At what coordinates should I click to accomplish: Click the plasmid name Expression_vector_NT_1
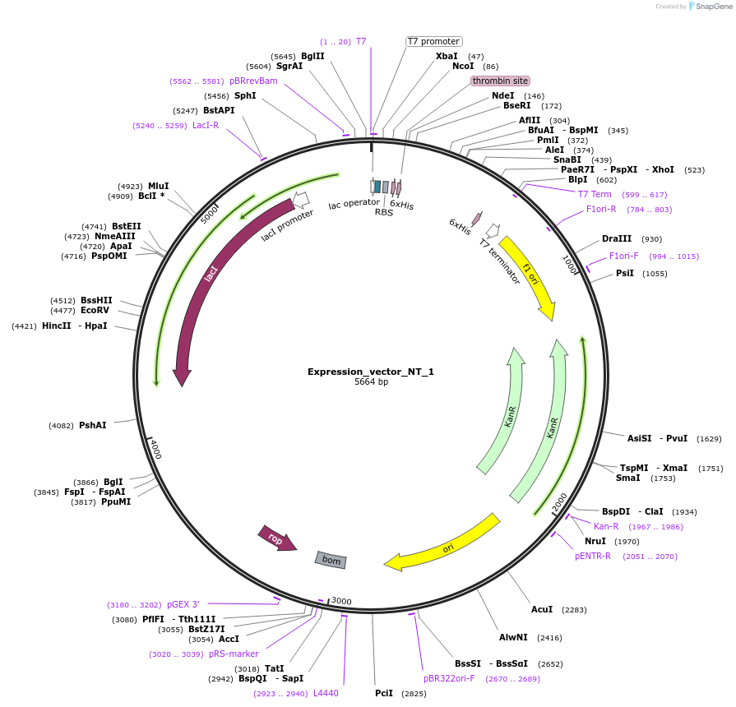point(370,372)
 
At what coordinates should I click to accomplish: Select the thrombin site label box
point(500,81)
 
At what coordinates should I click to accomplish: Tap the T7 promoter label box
point(434,41)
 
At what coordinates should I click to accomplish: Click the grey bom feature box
point(331,560)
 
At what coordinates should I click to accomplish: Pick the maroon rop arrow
point(276,538)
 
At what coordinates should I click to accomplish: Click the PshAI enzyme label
point(92,425)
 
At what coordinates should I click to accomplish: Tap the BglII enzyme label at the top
point(312,56)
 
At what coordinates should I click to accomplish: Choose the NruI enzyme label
point(595,541)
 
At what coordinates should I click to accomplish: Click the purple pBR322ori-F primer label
point(449,678)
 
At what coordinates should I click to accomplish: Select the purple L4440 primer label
point(326,693)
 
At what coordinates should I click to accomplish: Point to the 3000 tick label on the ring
point(341,601)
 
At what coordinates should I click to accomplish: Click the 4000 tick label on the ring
point(154,451)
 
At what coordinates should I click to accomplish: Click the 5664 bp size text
point(371,382)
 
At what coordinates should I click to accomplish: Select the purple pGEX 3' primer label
point(183,604)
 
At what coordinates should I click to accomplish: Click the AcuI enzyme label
point(542,609)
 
